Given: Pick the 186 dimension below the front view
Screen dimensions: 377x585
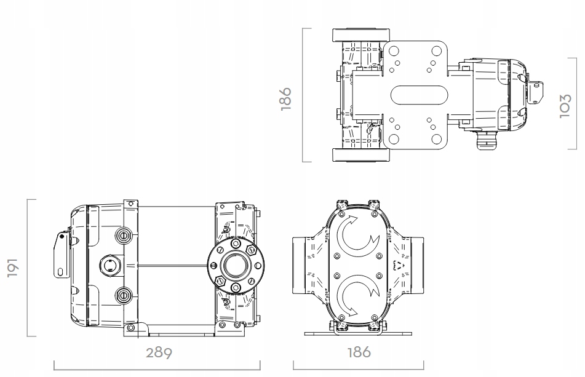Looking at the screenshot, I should coord(358,353).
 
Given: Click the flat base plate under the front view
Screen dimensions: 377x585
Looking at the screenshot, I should coord(358,333).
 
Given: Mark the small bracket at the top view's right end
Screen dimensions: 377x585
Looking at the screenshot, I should coord(536,90).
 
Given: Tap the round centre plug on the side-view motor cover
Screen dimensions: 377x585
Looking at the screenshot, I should coord(109,266).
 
